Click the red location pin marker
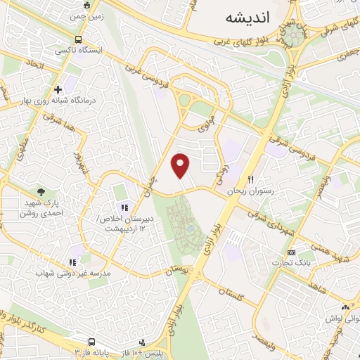[x=181, y=165]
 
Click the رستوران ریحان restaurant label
[x=250, y=191]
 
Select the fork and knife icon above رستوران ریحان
[x=251, y=180]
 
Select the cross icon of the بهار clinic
[x=58, y=89]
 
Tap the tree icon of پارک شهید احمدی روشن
[x=41, y=191]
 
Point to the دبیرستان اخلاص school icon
[x=124, y=207]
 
